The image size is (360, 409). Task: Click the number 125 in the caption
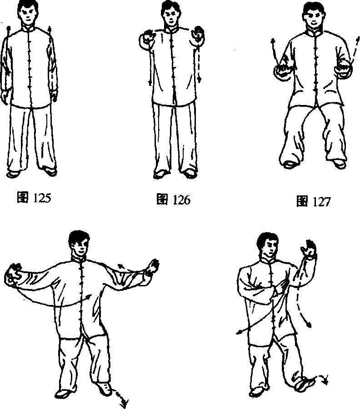pos(42,198)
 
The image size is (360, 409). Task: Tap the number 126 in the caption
pos(182,200)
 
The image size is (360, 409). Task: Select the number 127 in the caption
pos(321,202)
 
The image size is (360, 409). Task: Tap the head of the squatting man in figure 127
pos(313,15)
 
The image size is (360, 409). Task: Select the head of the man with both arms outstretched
pos(79,243)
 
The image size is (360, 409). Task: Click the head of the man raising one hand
pos(268,246)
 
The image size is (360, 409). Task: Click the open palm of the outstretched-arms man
pos(153,267)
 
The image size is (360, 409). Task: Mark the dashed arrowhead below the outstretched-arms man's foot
pos(124,404)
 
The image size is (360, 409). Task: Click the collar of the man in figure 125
pos(29,28)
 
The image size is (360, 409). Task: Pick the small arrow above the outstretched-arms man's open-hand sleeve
pos(120,267)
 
